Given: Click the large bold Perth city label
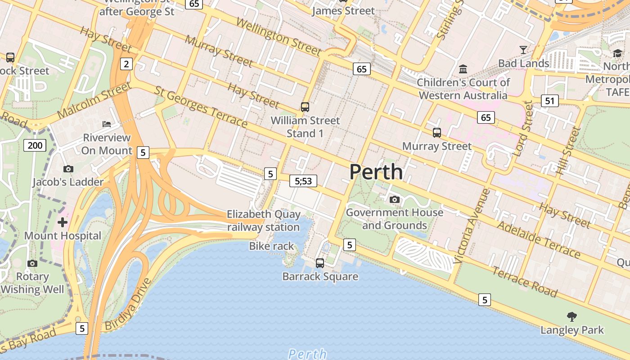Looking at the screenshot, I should [376, 172].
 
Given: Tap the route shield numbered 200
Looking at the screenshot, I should [35, 145].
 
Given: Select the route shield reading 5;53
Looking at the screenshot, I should [303, 181].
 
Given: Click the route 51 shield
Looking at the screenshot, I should [549, 101].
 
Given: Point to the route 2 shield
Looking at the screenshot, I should [126, 64].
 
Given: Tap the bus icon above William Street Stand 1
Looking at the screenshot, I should [305, 107].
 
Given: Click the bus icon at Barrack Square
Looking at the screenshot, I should [320, 263].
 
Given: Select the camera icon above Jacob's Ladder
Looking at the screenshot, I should [68, 169].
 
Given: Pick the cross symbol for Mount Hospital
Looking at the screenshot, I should [63, 222].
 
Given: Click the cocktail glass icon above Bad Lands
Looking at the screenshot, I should [523, 49].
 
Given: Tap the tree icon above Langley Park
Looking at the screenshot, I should [572, 316].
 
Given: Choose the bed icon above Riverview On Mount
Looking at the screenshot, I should [107, 124].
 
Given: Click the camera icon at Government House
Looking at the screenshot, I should [395, 199].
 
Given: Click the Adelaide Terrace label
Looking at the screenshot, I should [539, 239].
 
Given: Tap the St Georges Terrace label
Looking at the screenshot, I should [201, 107].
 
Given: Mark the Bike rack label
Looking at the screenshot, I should [271, 246].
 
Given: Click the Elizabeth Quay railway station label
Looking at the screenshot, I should [263, 220].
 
